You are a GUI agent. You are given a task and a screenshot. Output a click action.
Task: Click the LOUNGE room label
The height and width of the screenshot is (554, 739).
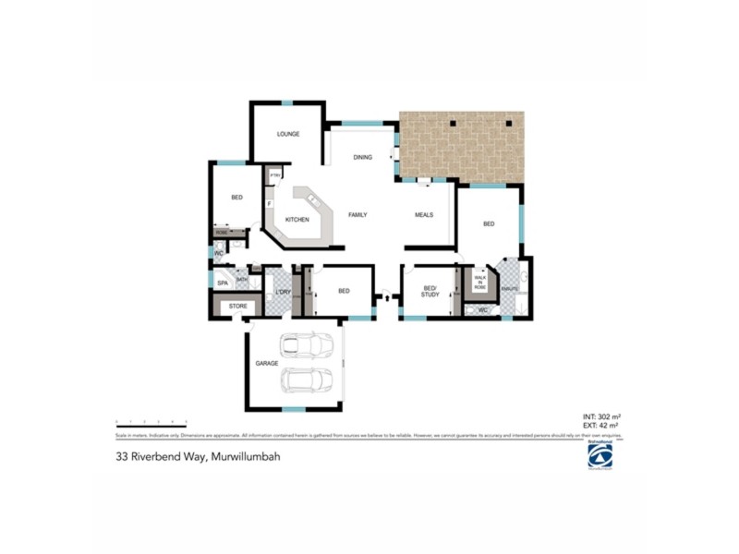click(x=288, y=135)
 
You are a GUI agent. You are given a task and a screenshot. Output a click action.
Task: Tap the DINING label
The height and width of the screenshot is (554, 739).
click(x=362, y=158)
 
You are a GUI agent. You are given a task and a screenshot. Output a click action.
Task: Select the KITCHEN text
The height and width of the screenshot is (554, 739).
click(x=297, y=220)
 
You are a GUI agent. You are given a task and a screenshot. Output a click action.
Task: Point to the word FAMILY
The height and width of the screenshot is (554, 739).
click(x=357, y=215)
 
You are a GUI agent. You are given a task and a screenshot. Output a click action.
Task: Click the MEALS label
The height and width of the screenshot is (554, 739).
click(x=424, y=215)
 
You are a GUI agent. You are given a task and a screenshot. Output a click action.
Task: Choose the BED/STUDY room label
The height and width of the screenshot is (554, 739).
click(x=430, y=291)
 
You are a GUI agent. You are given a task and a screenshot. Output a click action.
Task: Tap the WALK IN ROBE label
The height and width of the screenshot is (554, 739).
click(x=479, y=283)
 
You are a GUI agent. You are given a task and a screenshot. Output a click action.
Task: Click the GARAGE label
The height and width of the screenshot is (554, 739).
click(x=266, y=364)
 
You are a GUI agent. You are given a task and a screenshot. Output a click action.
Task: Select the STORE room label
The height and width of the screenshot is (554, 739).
click(x=237, y=306)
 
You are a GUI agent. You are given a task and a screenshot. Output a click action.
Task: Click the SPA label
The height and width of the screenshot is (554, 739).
click(x=222, y=283)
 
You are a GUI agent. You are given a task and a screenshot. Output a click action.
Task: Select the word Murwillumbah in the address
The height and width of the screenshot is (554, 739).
click(x=246, y=456)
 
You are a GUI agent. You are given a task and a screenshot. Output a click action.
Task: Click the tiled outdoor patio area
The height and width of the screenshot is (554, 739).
click(x=462, y=148)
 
